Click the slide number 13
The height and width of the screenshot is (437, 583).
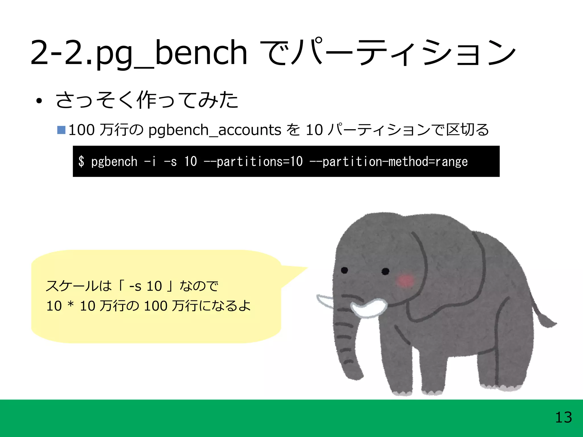(x=563, y=418)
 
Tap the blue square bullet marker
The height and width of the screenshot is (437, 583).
(x=61, y=130)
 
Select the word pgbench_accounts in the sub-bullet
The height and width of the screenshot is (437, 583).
(x=215, y=130)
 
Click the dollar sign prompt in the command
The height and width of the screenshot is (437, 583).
(x=81, y=161)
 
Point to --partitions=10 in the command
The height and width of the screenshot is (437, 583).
(x=253, y=162)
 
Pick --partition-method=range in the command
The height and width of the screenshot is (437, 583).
(x=388, y=162)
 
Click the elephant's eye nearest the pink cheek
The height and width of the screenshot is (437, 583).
(x=385, y=271)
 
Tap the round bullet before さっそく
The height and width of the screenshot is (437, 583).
(x=39, y=101)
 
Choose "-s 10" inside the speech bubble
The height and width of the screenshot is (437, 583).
(x=145, y=286)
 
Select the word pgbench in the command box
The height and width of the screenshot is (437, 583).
(x=114, y=162)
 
